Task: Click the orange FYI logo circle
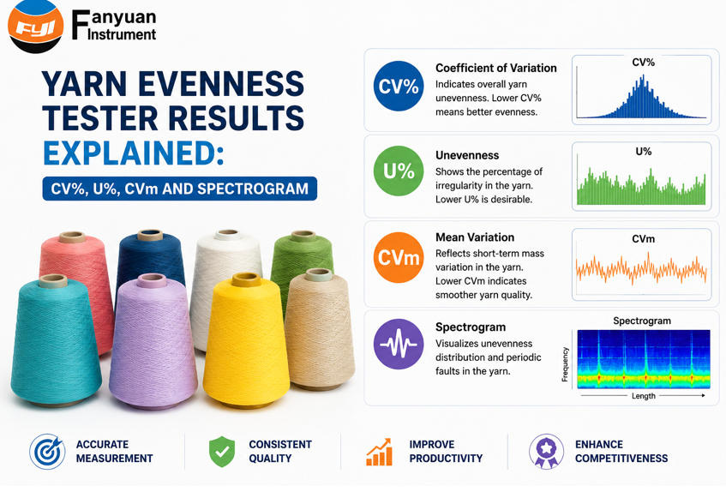click(x=36, y=27)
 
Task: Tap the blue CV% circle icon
click(x=399, y=86)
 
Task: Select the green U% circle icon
click(x=399, y=171)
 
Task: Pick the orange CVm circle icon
click(x=399, y=257)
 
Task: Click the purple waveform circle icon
click(x=399, y=344)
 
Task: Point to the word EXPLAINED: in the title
click(x=134, y=153)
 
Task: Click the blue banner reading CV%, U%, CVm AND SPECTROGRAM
click(x=180, y=189)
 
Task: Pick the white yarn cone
click(x=226, y=278)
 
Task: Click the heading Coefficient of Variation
click(x=496, y=68)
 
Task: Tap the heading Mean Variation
click(x=475, y=237)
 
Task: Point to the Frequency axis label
click(x=565, y=364)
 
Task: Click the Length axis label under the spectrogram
click(x=644, y=396)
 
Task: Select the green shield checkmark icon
click(x=222, y=452)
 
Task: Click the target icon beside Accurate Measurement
click(x=47, y=452)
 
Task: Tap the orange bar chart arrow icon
click(x=379, y=452)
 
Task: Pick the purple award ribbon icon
click(x=546, y=451)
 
